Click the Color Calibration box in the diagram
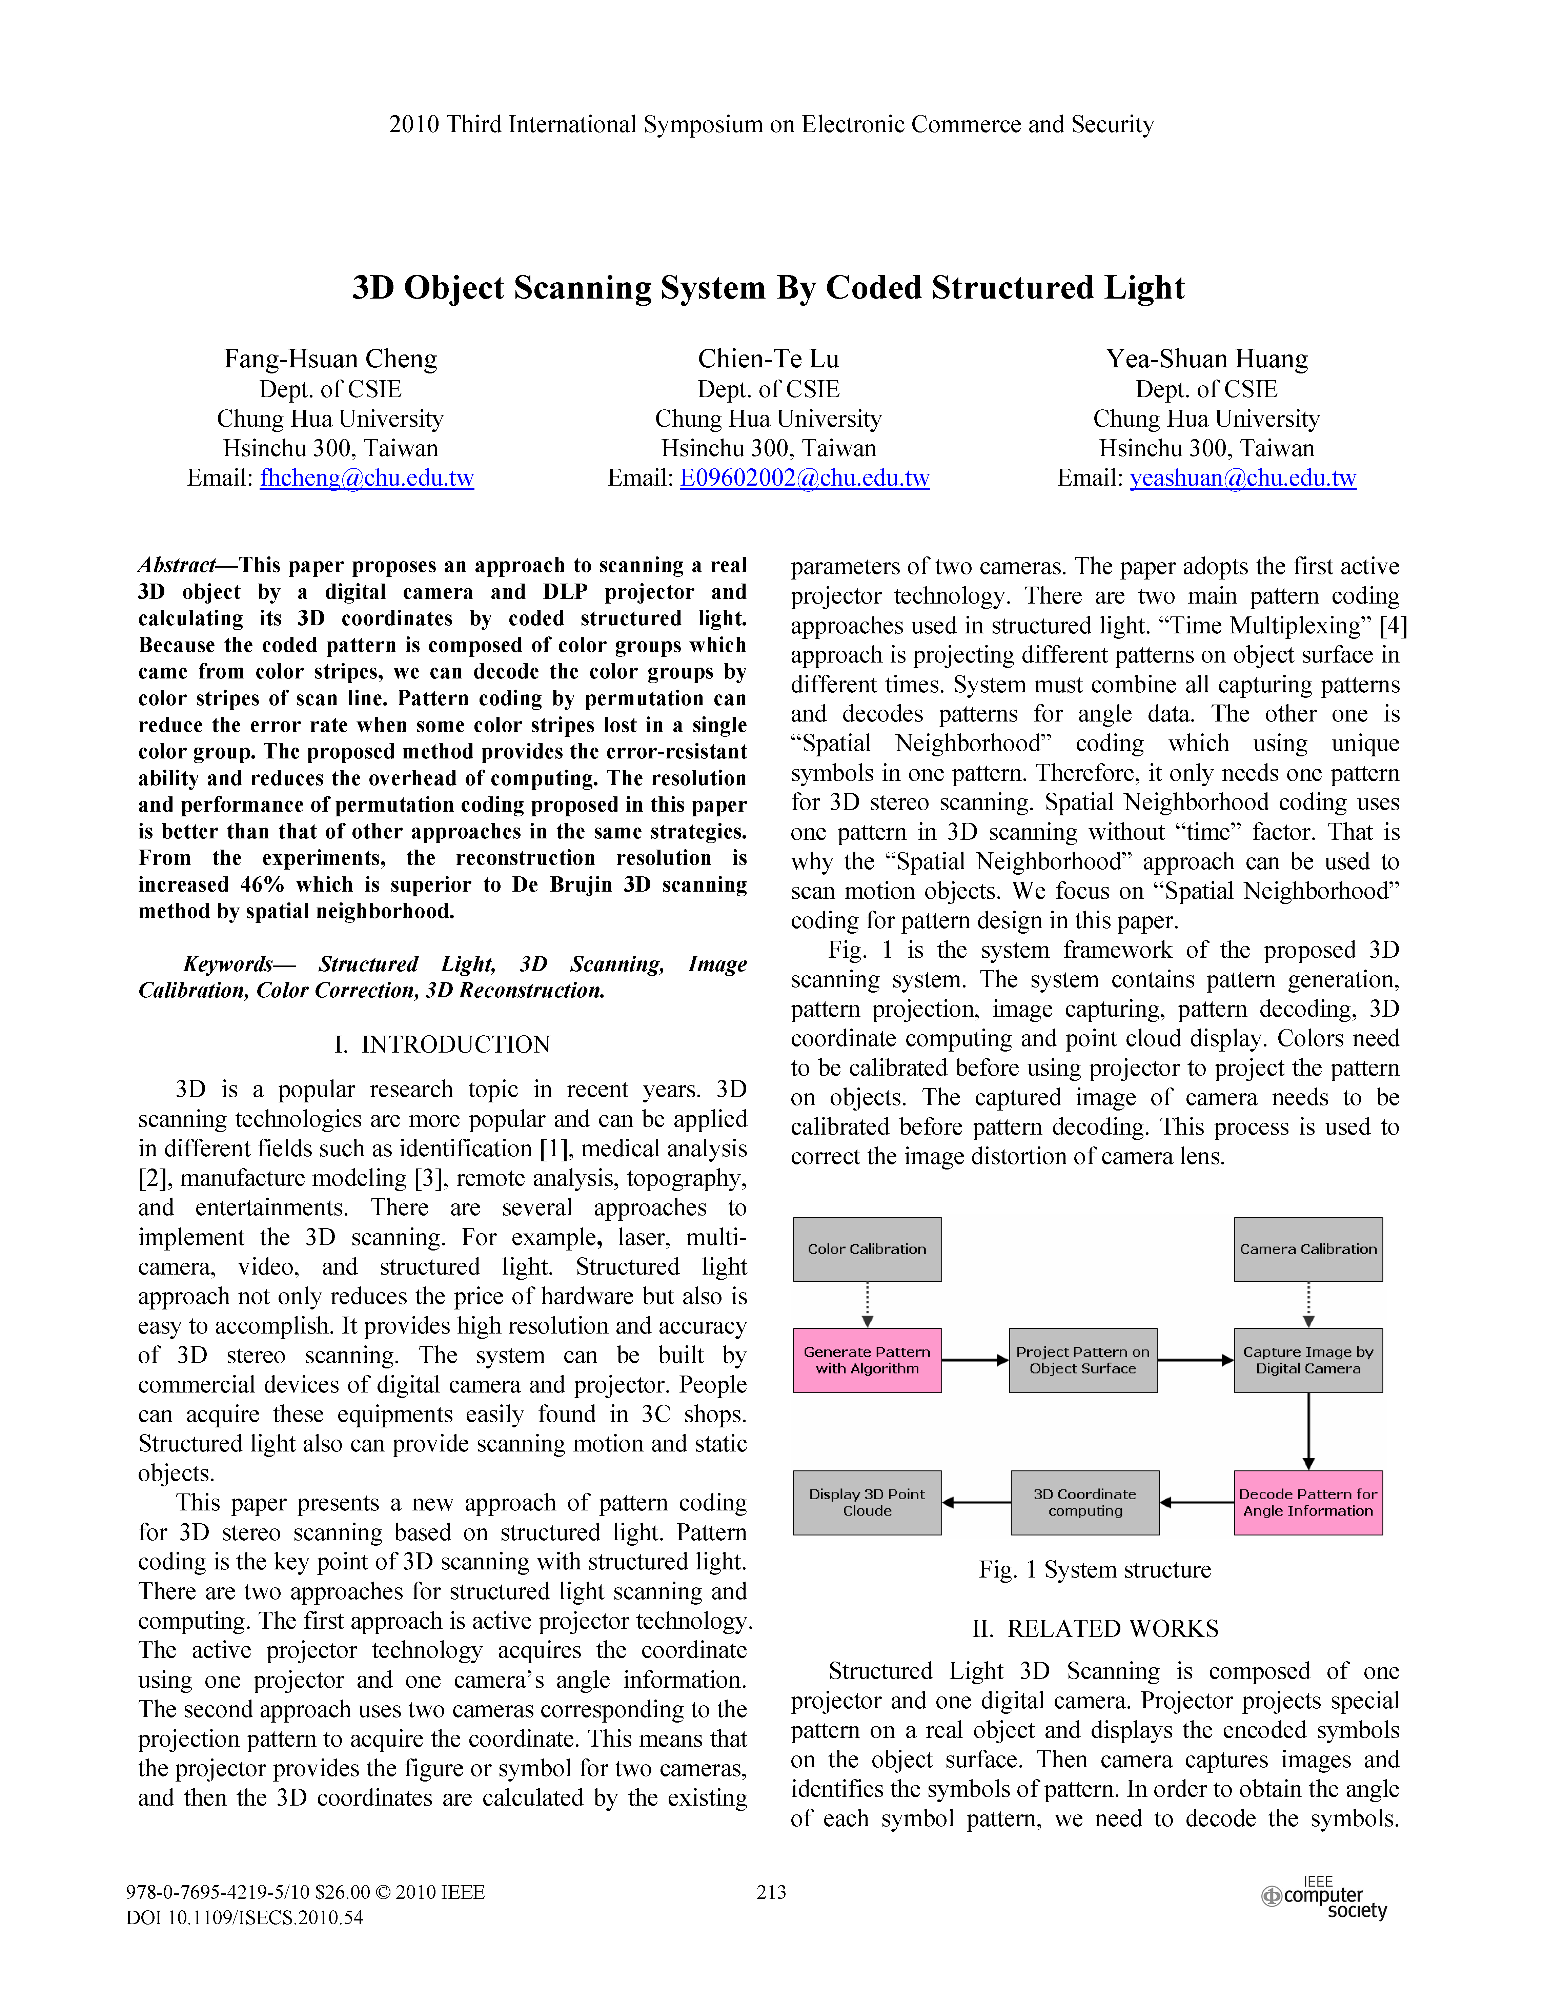pos(867,1249)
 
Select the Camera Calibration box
pos(1308,1249)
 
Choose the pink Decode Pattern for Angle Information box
pos(1308,1502)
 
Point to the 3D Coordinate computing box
pos(1084,1502)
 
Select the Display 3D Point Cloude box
pos(867,1502)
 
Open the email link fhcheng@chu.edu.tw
pos(367,478)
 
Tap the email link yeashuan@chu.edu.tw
pos(1242,478)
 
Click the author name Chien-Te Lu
pos(768,359)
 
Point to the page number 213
pos(771,1892)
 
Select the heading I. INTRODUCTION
pos(442,1044)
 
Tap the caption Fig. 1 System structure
pos(1095,1569)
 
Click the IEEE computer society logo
pos(1325,1899)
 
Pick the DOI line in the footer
pos(244,1917)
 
